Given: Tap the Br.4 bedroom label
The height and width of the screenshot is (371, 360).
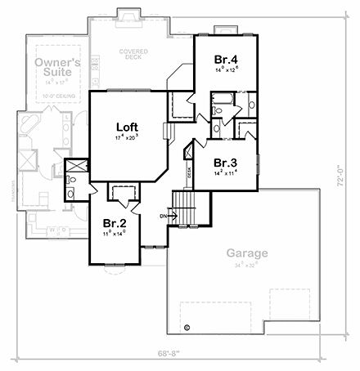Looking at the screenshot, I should point(225,59).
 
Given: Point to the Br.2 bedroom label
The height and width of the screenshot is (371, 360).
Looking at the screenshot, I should point(114,221).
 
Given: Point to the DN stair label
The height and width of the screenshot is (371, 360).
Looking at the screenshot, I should point(163,216).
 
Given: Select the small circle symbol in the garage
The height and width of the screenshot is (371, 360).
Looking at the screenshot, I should point(187,328).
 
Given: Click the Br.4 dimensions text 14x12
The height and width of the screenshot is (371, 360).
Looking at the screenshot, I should point(225,70).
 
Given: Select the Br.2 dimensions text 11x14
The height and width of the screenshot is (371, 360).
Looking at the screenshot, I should point(114,233).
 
